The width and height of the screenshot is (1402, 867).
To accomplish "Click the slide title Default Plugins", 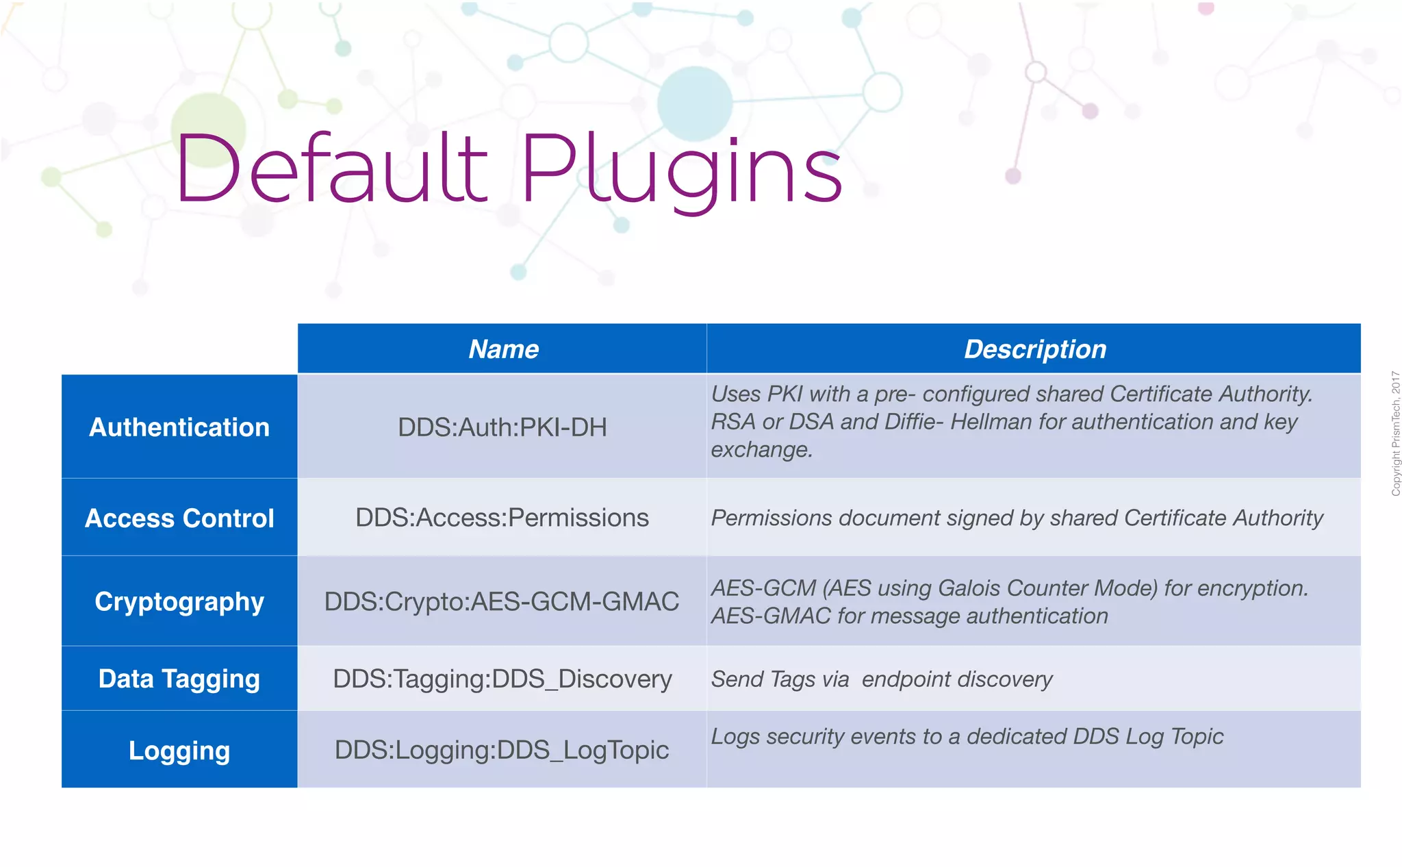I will tap(508, 170).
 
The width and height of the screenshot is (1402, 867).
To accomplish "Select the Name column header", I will tap(503, 349).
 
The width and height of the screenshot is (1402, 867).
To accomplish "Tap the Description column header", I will tap(1034, 349).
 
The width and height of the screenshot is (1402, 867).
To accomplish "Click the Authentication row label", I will tap(179, 427).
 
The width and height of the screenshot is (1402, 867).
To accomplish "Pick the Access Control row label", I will tap(179, 518).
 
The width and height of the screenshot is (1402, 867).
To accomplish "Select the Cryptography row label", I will tap(179, 602).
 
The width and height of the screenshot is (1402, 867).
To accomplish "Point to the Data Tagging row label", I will tap(179, 679).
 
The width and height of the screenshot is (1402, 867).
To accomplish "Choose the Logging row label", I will tap(179, 751).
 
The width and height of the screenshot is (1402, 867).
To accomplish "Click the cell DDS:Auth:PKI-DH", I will tap(502, 427).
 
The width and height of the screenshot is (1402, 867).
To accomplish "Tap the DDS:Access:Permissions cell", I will tap(502, 518).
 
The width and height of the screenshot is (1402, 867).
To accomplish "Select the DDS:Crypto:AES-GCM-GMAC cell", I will tap(502, 601).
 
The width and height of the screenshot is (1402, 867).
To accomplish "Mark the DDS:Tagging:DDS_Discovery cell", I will tap(502, 679).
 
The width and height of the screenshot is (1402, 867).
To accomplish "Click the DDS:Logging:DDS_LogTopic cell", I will tap(502, 750).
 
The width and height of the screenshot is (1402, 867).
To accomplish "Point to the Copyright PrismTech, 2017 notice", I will tap(1395, 433).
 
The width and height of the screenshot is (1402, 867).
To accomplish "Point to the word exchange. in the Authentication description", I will tap(761, 450).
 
